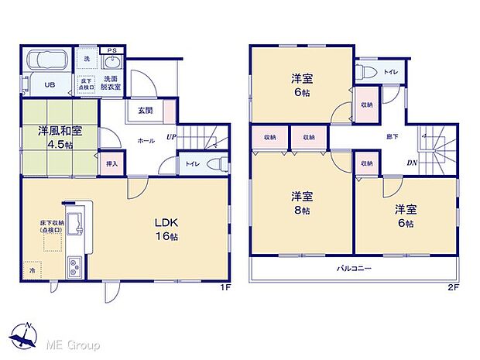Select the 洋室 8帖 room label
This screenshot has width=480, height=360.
click(301, 203)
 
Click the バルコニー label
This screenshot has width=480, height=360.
click(355, 269)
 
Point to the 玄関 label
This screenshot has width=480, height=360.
click(145, 111)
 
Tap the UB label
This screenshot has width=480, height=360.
click(49, 85)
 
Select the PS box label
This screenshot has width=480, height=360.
click(113, 51)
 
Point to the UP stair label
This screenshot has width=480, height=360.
click(171, 139)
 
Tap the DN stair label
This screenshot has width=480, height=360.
click(412, 163)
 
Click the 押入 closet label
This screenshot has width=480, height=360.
click(111, 163)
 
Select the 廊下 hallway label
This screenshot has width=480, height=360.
click(393, 136)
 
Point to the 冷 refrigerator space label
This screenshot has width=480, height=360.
click(32, 273)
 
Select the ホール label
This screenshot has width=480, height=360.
click(146, 141)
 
